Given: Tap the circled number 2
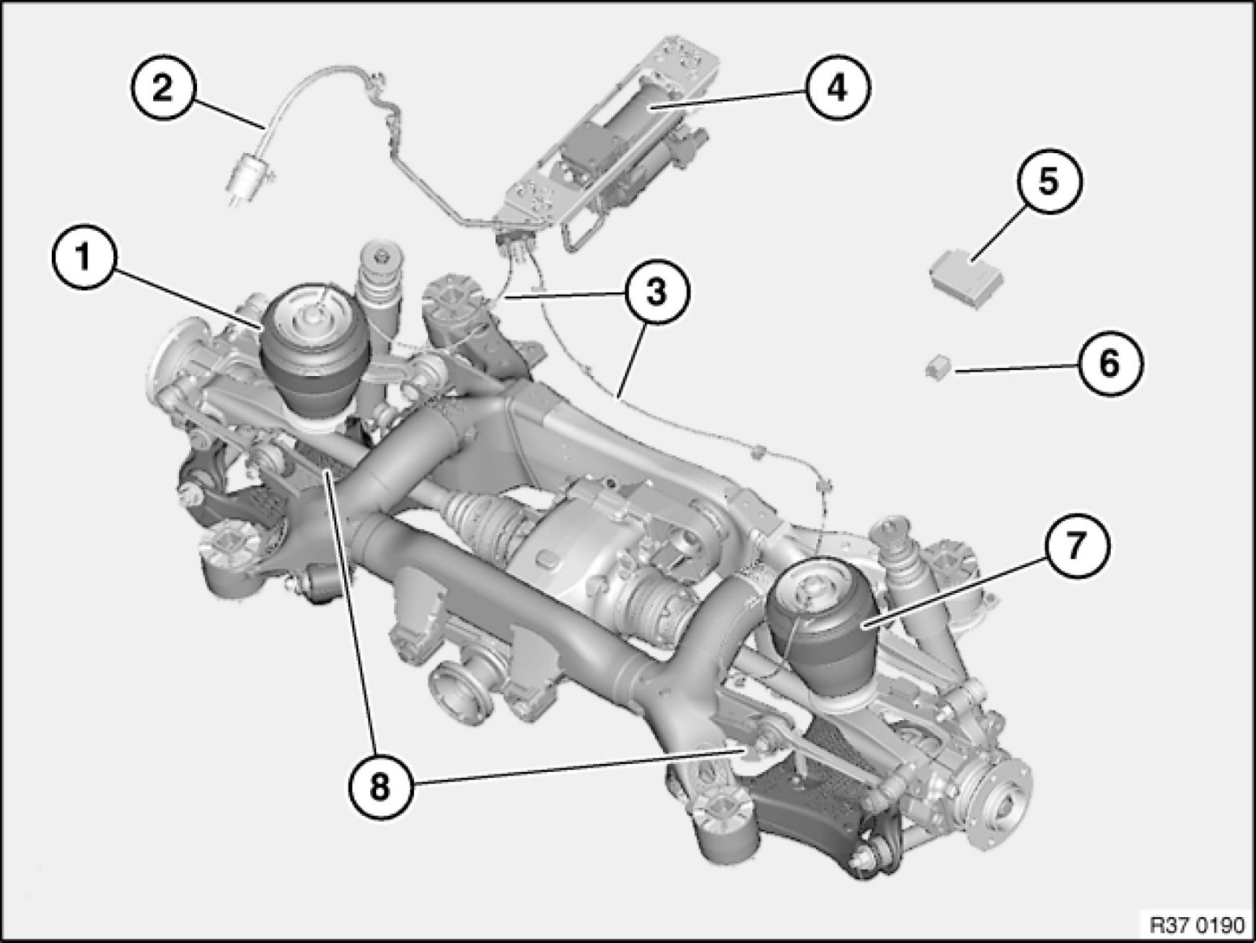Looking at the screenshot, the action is coord(163,89).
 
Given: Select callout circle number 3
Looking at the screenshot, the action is coord(657,292).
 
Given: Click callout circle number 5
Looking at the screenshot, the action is coord(1049,181).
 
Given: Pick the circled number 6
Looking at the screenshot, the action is coord(1109,363).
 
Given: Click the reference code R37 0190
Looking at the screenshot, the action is coord(1198,924).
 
